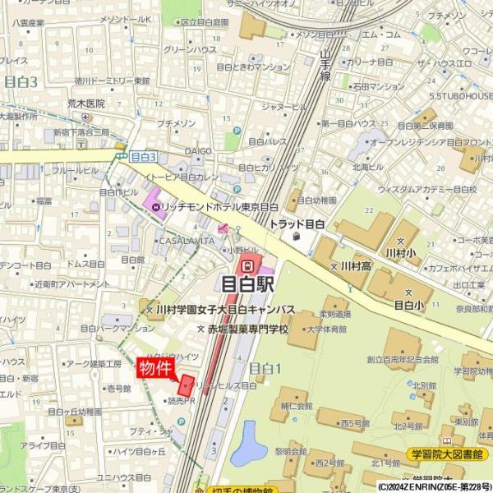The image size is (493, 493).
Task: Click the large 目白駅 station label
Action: (x=246, y=285)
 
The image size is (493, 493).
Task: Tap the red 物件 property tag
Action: (x=154, y=367)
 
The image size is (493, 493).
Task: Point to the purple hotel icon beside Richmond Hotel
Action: (x=153, y=199)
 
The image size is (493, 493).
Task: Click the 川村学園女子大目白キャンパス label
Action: (x=225, y=310)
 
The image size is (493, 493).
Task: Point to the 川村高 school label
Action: (x=355, y=266)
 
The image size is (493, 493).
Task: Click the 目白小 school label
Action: (x=408, y=304)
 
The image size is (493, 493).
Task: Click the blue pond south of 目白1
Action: (x=246, y=441)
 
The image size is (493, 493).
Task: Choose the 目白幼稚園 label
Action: (x=316, y=200)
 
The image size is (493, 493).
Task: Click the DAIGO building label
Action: (x=198, y=151)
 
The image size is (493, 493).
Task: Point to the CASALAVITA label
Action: (x=186, y=242)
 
